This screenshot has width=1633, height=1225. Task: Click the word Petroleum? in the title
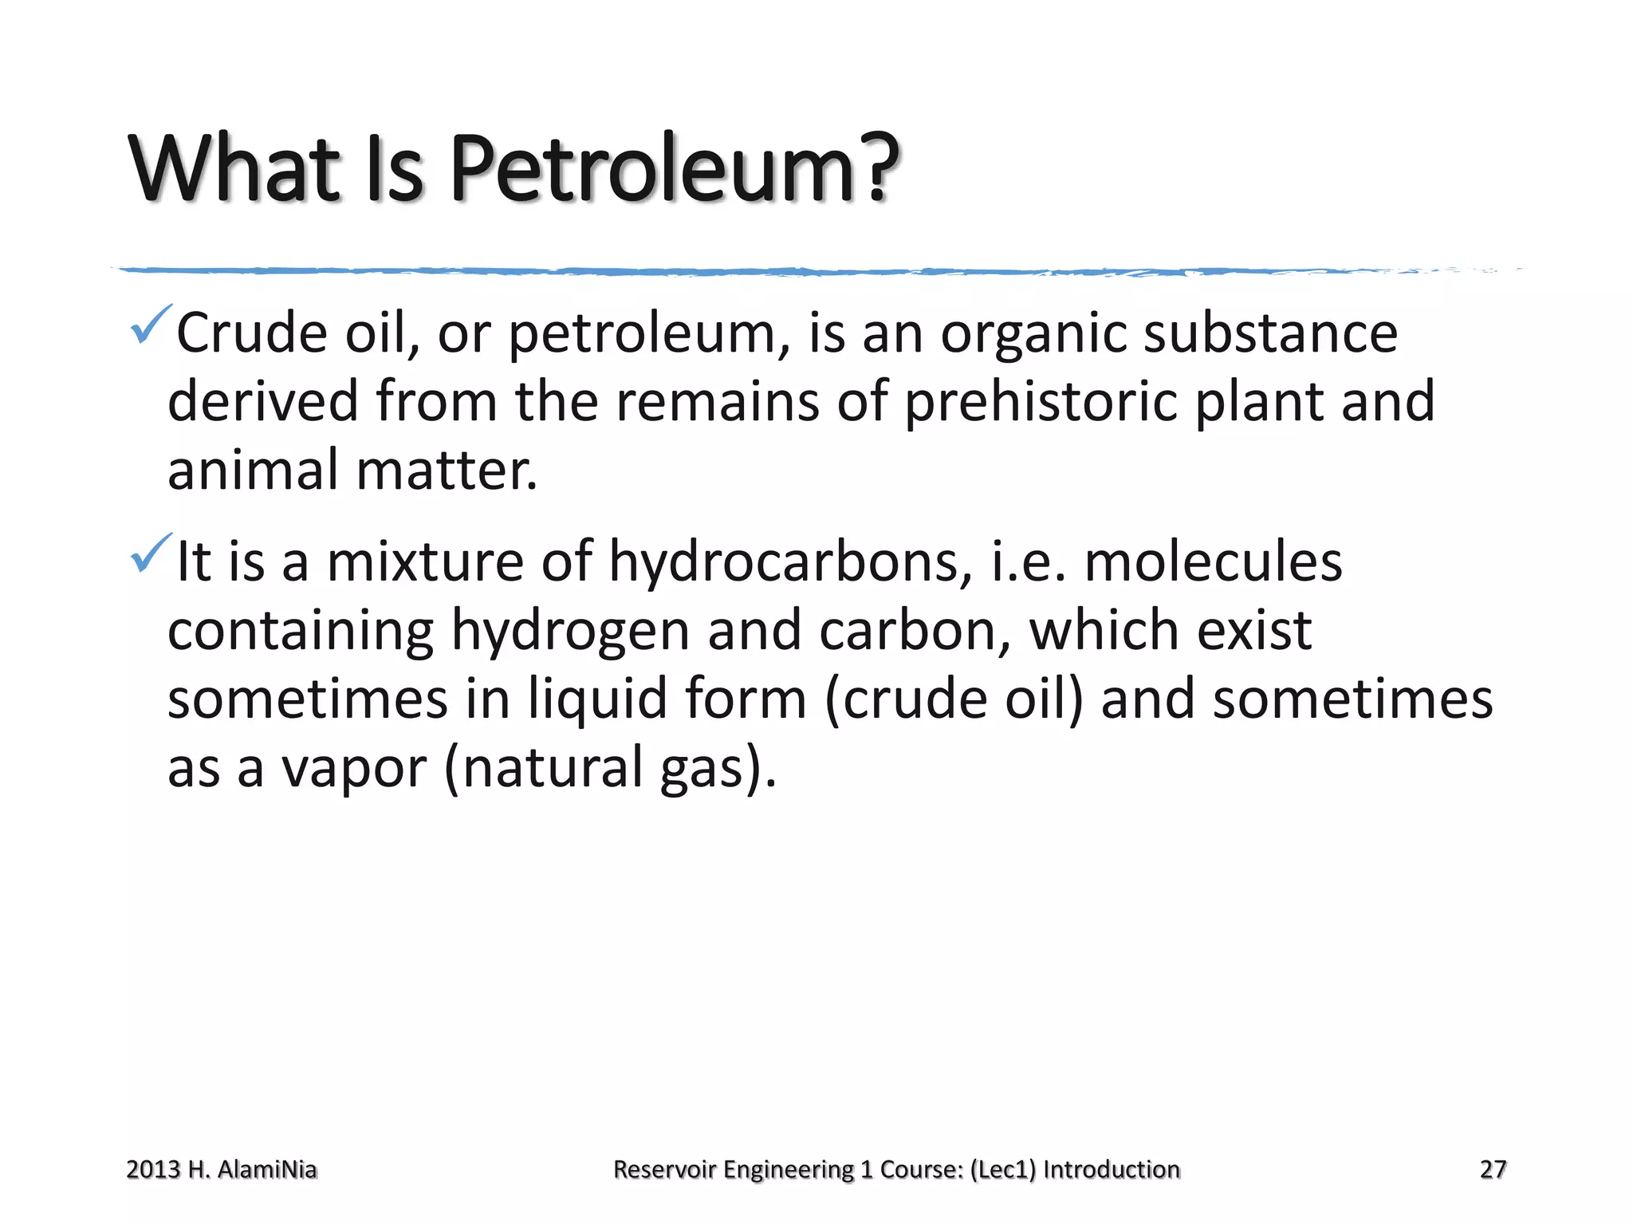click(x=675, y=169)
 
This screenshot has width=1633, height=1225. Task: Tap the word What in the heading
click(x=236, y=169)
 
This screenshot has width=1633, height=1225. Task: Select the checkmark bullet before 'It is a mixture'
click(x=150, y=553)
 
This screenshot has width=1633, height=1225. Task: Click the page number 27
click(x=1493, y=1169)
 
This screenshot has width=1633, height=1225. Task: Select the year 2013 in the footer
click(x=153, y=1169)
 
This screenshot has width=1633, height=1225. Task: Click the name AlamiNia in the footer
click(x=266, y=1169)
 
